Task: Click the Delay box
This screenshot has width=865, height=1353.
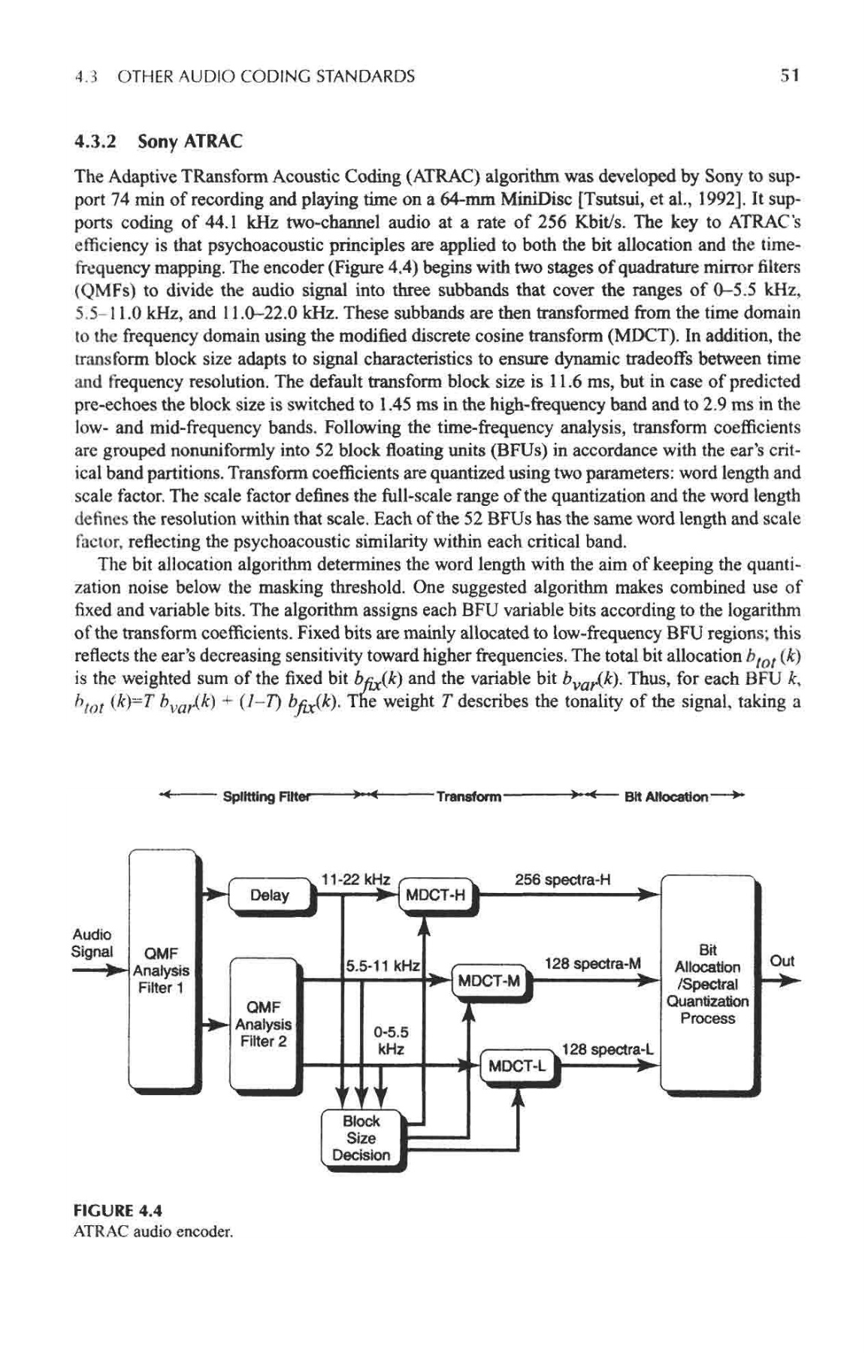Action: tap(270, 894)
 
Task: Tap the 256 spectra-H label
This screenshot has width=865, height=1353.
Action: tap(563, 879)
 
